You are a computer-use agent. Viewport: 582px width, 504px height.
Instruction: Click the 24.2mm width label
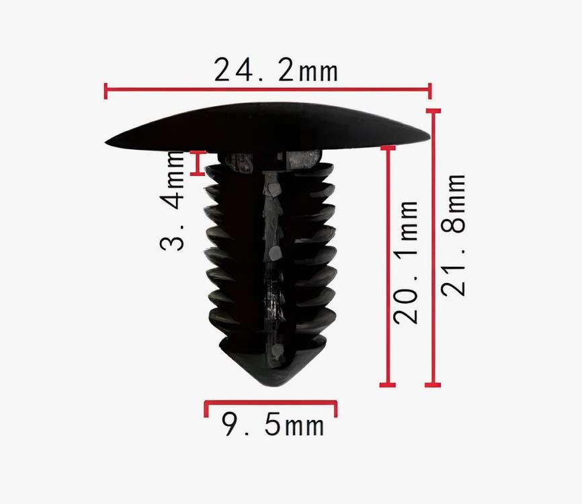[276, 69]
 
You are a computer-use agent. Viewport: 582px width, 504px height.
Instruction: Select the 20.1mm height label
[405, 262]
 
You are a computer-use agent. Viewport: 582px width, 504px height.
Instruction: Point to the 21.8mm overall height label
[453, 235]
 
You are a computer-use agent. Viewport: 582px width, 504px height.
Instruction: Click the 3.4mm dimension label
[172, 200]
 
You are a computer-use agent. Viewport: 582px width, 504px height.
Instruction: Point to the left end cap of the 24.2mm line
[106, 91]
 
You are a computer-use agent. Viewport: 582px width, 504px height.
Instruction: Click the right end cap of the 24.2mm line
[430, 91]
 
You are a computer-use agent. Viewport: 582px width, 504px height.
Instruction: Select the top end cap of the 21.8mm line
[433, 111]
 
